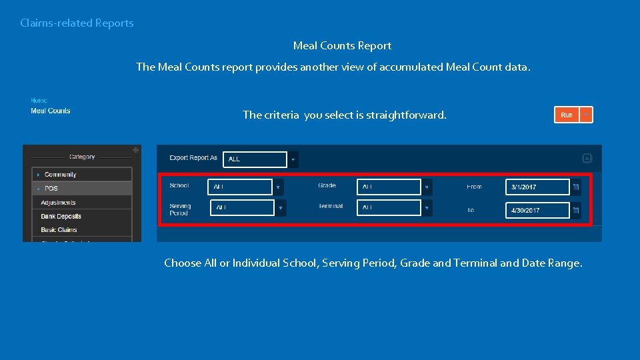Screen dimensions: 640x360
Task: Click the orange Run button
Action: tap(567, 115)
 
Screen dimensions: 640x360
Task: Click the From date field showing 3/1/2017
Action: tap(537, 187)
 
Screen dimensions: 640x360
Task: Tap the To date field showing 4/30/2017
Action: tap(537, 210)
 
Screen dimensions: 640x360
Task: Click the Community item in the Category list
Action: tap(61, 175)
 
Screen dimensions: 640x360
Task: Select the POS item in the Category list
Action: tap(51, 189)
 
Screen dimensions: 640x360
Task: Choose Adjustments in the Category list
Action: tap(59, 203)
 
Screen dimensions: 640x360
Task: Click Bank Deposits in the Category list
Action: tap(61, 217)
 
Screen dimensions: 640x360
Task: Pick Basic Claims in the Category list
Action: tap(59, 230)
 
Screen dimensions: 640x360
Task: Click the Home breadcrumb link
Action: tap(39, 101)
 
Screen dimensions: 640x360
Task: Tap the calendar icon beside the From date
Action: tap(576, 187)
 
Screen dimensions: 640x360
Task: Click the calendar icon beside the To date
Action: tap(576, 210)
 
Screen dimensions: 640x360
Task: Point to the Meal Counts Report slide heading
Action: tap(342, 46)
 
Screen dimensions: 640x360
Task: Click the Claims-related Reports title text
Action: tap(77, 23)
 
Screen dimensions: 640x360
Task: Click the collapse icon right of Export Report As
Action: tap(587, 158)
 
